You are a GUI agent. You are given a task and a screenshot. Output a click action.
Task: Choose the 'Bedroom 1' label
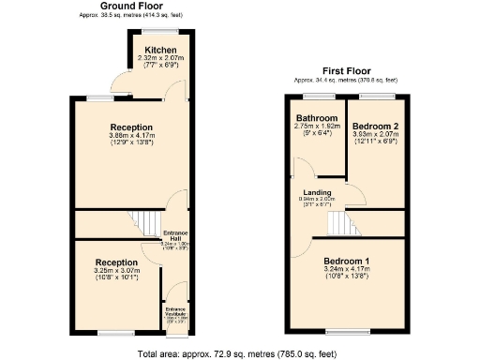pos(347,260)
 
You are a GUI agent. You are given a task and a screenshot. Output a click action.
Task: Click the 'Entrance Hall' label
pos(176,235)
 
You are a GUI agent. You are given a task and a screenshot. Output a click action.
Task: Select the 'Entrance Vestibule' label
pos(176,311)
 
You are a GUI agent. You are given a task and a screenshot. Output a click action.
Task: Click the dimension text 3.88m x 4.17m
pos(131,137)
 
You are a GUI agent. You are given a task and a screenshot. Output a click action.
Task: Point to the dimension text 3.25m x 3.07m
pos(118,271)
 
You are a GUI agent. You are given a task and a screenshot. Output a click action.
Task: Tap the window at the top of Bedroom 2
pos(376,95)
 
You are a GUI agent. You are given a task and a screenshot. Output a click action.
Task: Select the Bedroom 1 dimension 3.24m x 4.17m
pos(347,268)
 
